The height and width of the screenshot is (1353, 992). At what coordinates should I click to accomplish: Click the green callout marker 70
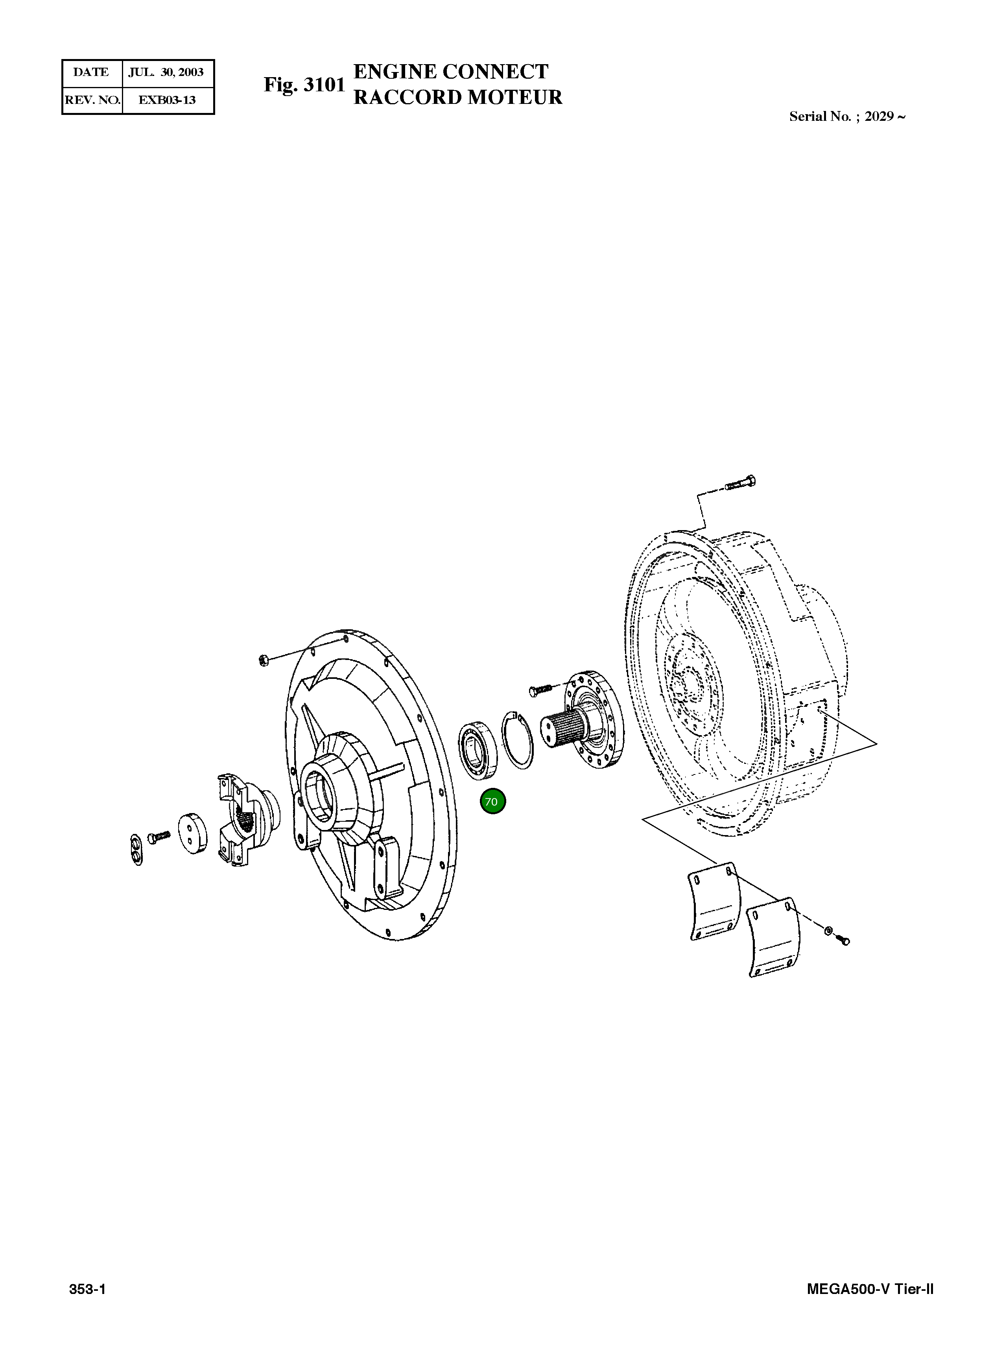tap(492, 802)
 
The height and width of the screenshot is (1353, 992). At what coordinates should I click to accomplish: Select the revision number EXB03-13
tap(167, 100)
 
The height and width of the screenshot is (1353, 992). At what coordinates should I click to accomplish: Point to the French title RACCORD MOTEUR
tap(457, 97)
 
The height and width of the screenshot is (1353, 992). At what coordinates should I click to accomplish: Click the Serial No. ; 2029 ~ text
tap(847, 116)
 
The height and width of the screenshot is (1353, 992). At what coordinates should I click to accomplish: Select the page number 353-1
tap(88, 1289)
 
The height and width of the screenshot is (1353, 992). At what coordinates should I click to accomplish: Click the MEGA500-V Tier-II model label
tap(870, 1289)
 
